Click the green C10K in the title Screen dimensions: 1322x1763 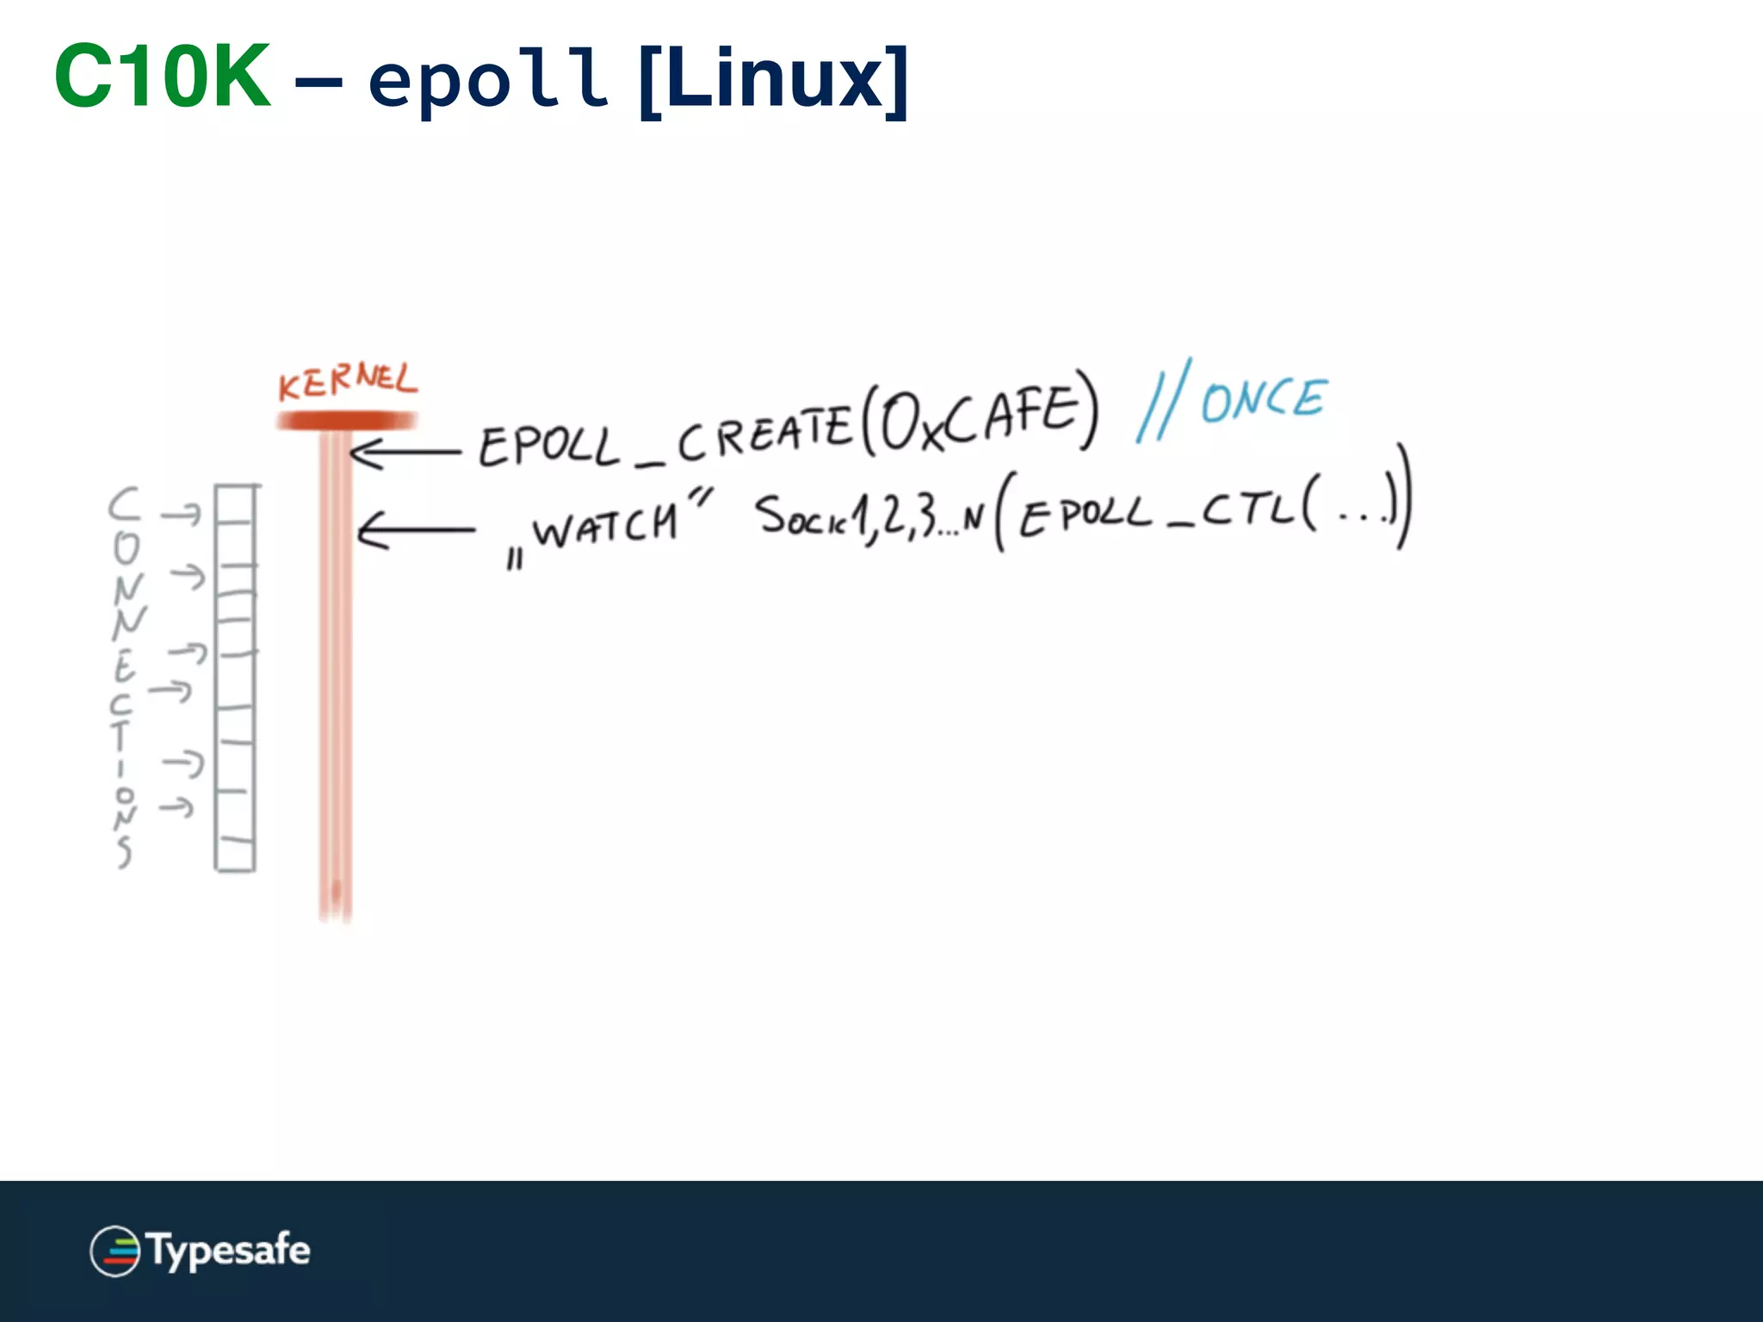163,77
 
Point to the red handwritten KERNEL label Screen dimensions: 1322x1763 347,380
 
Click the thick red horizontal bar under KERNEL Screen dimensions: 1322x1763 347,421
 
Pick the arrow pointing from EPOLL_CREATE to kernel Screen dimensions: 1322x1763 405,452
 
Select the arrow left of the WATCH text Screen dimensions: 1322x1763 415,530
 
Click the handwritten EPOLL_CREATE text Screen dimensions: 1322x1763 663,439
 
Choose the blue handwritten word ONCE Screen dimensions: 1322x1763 1264,399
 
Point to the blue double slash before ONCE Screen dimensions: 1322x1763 1164,401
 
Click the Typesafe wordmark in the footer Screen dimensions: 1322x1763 228,1250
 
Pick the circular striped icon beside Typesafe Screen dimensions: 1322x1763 114,1251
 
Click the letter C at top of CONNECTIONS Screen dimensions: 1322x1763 124,504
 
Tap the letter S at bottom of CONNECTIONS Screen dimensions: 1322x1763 125,851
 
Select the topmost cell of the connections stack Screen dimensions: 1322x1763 235,503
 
